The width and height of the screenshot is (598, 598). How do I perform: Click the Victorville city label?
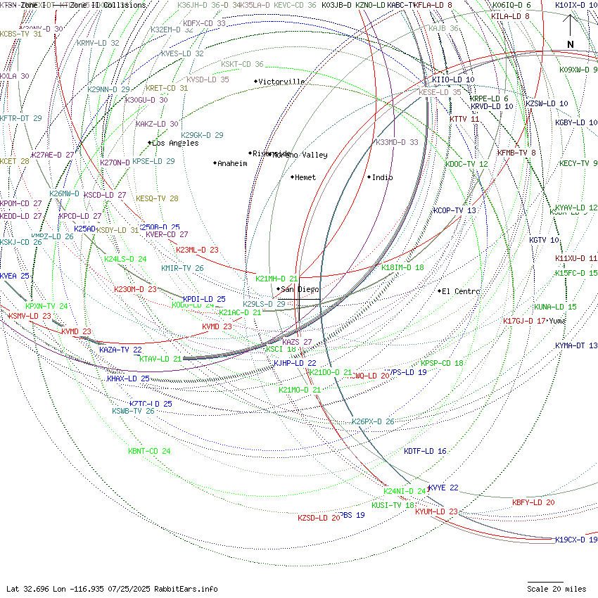281,82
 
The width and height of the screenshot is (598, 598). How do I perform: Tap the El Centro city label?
461,291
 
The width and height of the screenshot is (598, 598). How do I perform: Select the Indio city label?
382,177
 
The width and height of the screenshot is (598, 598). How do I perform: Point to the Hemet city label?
305,177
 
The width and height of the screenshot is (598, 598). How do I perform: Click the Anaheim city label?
232,163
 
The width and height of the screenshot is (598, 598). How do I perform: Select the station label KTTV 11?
464,119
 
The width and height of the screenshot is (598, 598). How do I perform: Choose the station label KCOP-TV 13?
454,210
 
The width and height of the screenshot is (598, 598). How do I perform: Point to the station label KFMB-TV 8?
516,153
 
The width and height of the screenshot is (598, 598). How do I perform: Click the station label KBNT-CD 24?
149,451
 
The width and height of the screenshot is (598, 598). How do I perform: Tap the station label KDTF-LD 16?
425,451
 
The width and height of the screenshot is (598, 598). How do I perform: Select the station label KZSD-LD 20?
319,518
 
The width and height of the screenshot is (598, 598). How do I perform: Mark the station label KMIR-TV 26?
182,268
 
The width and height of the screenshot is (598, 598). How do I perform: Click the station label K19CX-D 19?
575,540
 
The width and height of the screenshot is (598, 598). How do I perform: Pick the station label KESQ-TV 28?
157,198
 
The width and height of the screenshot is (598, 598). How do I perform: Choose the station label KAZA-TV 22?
120,350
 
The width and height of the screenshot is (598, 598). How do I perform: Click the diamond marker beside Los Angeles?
149,143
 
